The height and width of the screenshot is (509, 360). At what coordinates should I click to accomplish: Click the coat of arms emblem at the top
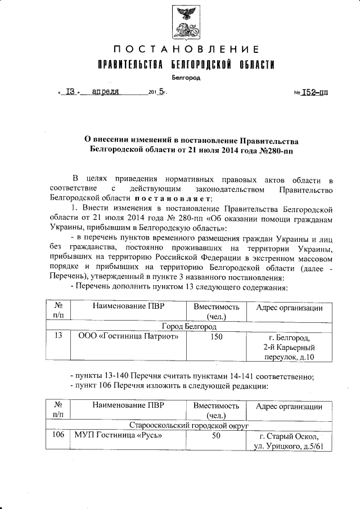point(184,22)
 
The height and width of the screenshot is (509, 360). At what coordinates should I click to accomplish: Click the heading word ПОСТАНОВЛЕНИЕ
point(184,50)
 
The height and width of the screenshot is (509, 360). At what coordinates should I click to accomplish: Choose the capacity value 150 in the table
point(217,337)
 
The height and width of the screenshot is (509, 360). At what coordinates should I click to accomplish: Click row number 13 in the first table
point(57,337)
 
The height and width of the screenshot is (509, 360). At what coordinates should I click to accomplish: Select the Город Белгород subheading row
point(189,326)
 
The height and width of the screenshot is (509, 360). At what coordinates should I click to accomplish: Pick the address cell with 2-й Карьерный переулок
point(289,347)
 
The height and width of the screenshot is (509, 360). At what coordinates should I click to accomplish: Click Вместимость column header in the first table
point(217,308)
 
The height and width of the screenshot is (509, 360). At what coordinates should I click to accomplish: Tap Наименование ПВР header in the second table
point(129,407)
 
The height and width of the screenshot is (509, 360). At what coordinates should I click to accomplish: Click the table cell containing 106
point(57,436)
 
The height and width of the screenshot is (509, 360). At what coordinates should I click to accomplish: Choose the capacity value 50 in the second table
point(217,436)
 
